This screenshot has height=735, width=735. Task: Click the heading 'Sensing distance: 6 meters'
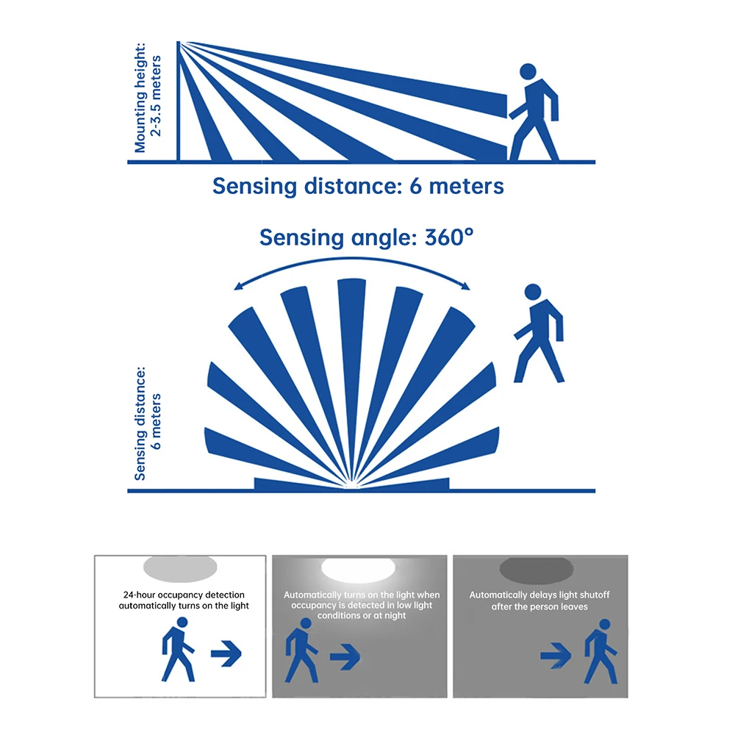pyautogui.click(x=358, y=186)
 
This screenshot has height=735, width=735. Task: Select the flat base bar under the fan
pyautogui.click(x=351, y=484)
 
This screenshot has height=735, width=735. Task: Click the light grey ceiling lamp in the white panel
pyautogui.click(x=181, y=567)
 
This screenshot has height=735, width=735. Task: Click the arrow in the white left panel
pyautogui.click(x=227, y=651)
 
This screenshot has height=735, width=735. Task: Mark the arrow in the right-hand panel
pyautogui.click(x=556, y=654)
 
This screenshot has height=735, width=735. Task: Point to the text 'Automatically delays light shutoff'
pyautogui.click(x=539, y=595)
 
